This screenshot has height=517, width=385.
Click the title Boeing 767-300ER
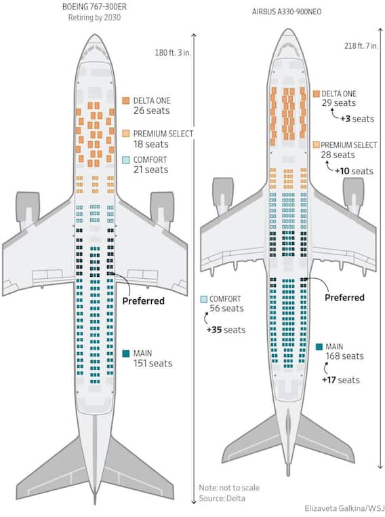[x=94, y=7]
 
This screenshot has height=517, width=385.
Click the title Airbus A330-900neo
[x=287, y=12]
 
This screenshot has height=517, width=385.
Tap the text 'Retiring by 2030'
[x=94, y=18]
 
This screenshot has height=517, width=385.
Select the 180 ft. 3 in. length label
[x=173, y=52]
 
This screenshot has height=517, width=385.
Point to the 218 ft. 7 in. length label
[x=361, y=46]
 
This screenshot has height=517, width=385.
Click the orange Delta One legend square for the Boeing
[x=126, y=100]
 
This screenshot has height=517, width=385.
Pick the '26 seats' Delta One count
[x=152, y=111]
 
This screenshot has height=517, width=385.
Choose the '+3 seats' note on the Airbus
[x=357, y=119]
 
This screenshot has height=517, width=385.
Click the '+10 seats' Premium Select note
[x=354, y=171]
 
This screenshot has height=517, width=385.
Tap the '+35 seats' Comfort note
[x=226, y=330]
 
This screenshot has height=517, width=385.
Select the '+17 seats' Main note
[x=341, y=380]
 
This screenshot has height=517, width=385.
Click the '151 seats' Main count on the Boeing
[x=153, y=364]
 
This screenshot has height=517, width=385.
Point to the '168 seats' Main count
[x=345, y=356]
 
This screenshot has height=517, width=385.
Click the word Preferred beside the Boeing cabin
[x=143, y=301]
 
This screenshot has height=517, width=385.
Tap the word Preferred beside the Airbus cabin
[x=344, y=297]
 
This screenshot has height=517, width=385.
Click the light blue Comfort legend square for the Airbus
[x=204, y=299]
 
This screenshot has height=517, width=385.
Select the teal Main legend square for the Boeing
[x=126, y=353]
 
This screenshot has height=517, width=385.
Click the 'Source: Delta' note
[x=222, y=498]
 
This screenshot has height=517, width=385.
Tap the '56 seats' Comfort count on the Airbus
[x=226, y=308]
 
